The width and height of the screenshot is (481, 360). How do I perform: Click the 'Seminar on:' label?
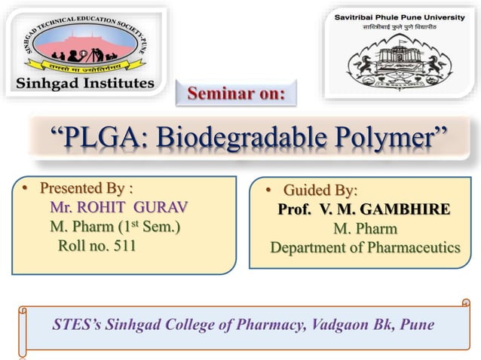[x=236, y=94]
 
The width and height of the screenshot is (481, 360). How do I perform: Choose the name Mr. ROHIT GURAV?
[x=118, y=206]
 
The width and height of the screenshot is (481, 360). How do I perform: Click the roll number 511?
[x=97, y=245]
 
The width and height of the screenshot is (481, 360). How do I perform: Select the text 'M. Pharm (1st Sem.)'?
[x=115, y=226]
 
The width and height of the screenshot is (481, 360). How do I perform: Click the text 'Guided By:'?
[x=320, y=190]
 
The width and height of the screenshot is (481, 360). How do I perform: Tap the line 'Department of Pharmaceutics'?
[x=365, y=247]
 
